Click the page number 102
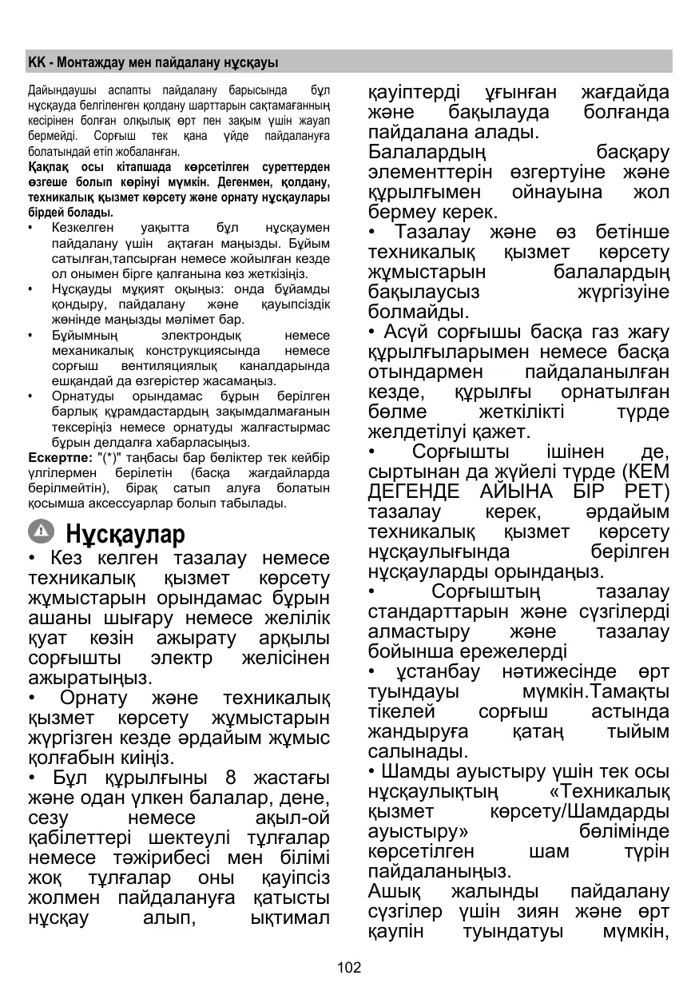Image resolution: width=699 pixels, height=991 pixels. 349,968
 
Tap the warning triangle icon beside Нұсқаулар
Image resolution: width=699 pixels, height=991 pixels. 42,531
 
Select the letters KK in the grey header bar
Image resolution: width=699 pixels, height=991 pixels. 35,62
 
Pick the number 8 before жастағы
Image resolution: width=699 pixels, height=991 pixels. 232,778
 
